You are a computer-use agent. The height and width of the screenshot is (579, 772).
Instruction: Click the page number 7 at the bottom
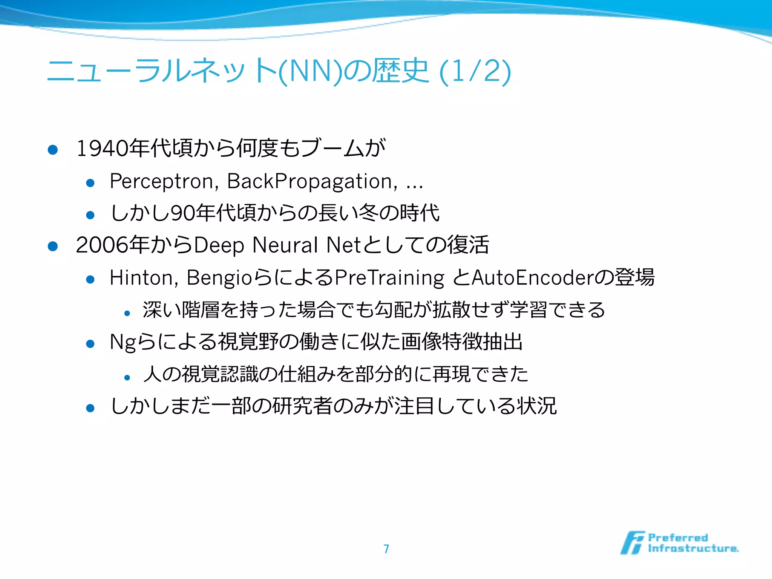coord(386,548)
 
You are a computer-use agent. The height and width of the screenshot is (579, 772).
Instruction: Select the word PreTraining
coord(389,278)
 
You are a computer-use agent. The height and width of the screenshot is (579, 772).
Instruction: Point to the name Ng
coord(122,342)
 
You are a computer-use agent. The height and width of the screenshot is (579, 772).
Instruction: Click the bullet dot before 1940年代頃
coord(53,150)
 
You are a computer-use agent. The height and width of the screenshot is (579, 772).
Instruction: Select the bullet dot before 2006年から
coord(53,246)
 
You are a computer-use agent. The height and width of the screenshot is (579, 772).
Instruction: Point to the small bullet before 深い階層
coord(127,313)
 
